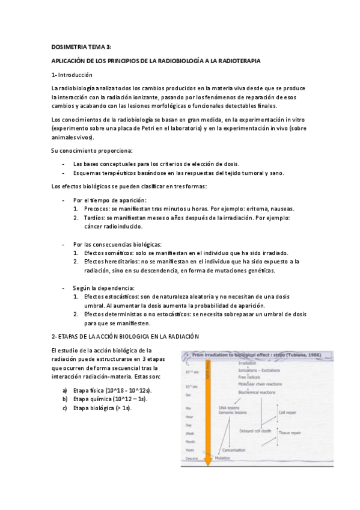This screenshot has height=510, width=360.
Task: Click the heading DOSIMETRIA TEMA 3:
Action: click(81, 47)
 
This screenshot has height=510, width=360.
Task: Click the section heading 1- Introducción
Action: click(72, 75)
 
